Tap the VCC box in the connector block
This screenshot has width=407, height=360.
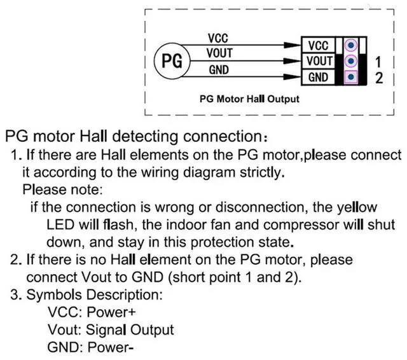point(318,46)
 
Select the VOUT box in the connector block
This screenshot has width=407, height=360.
point(318,61)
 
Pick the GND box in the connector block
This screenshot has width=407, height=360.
point(318,77)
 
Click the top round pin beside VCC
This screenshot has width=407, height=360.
point(350,46)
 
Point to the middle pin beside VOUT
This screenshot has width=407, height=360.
point(350,62)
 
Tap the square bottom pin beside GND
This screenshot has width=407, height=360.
point(350,78)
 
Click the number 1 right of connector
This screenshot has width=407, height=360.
point(379,62)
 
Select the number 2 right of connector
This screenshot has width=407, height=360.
point(379,78)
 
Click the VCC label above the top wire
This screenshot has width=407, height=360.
point(219,39)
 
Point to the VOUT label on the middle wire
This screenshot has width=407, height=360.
point(219,54)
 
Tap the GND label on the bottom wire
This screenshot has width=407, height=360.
point(219,69)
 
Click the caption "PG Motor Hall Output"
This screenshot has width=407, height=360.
point(249,99)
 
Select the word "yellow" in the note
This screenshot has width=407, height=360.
point(357,207)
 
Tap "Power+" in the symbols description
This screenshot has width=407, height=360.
point(112,313)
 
